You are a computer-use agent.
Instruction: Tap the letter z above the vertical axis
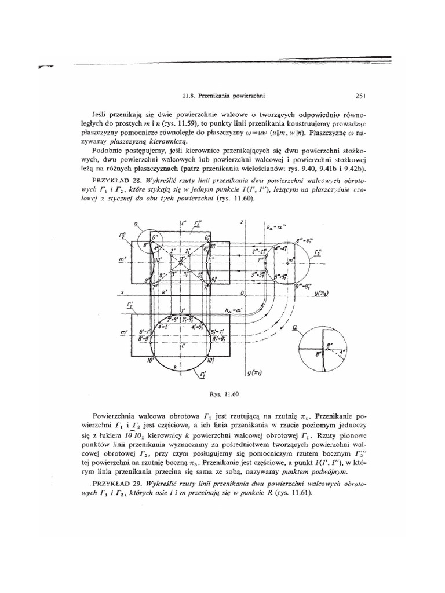tap(241, 222)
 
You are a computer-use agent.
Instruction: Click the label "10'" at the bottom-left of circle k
tap(150, 360)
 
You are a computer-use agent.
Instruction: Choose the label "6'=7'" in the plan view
tap(145, 331)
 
